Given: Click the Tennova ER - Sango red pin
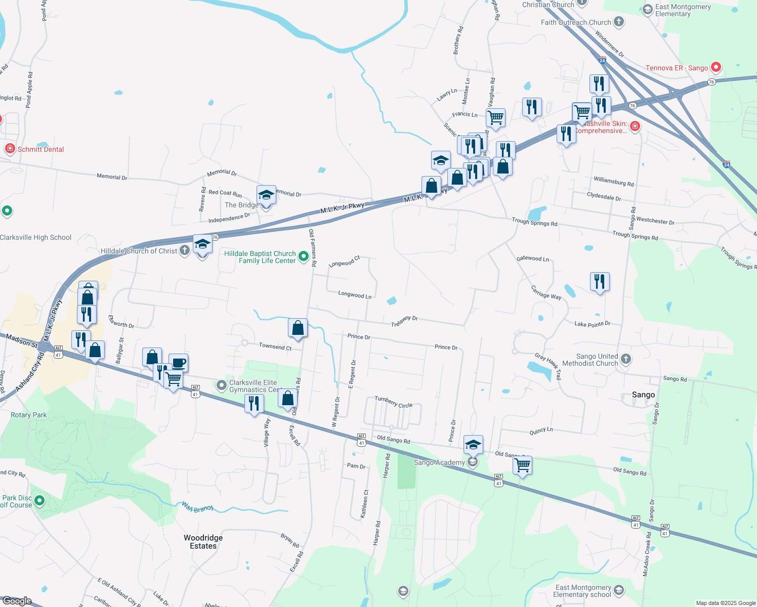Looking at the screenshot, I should [716, 67].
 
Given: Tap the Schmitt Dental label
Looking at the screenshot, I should [40, 149].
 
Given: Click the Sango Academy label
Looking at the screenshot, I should [439, 462].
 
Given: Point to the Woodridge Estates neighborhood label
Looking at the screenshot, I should [203, 542].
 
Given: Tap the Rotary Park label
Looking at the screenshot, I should [29, 415].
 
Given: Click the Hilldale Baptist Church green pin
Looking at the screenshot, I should [304, 256].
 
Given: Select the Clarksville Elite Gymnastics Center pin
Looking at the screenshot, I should [221, 385].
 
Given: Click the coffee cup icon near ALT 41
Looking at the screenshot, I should [178, 362].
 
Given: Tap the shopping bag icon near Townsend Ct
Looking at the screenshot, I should [298, 328].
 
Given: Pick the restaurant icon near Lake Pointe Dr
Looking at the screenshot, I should [600, 281].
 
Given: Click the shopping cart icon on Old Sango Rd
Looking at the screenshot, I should [522, 464].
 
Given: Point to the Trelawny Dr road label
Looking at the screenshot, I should [404, 321].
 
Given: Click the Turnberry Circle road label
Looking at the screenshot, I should [393, 402].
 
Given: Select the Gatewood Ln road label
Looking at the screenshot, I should [532, 258].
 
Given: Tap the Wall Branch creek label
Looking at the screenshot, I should [197, 507].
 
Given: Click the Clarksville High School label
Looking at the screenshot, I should [36, 237].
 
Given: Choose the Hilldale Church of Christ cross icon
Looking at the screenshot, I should [185, 249].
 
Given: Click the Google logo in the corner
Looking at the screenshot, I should [17, 600].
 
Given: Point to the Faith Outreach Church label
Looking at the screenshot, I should [576, 22].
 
